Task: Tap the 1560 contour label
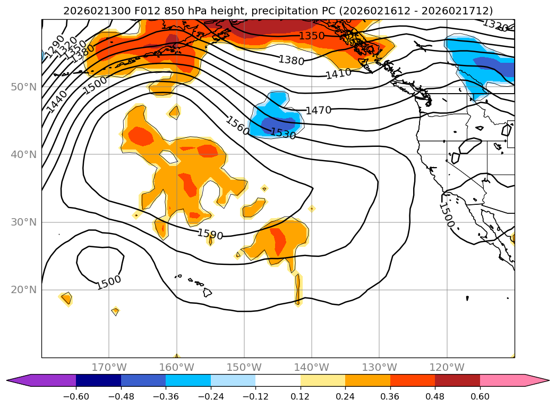pyautogui.click(x=237, y=126)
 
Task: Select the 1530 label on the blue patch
pyautogui.click(x=283, y=134)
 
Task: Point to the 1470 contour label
pyautogui.click(x=318, y=111)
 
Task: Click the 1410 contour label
pyautogui.click(x=338, y=73)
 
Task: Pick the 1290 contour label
pyautogui.click(x=54, y=47)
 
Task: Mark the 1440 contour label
pyautogui.click(x=57, y=102)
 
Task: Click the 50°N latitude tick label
pyautogui.click(x=23, y=87)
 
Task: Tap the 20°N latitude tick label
pyautogui.click(x=23, y=290)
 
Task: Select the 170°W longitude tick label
pyautogui.click(x=109, y=367)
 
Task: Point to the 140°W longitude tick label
pyautogui.click(x=311, y=367)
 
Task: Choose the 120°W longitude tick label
pyautogui.click(x=447, y=367)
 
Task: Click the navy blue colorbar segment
pyautogui.click(x=98, y=380)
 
